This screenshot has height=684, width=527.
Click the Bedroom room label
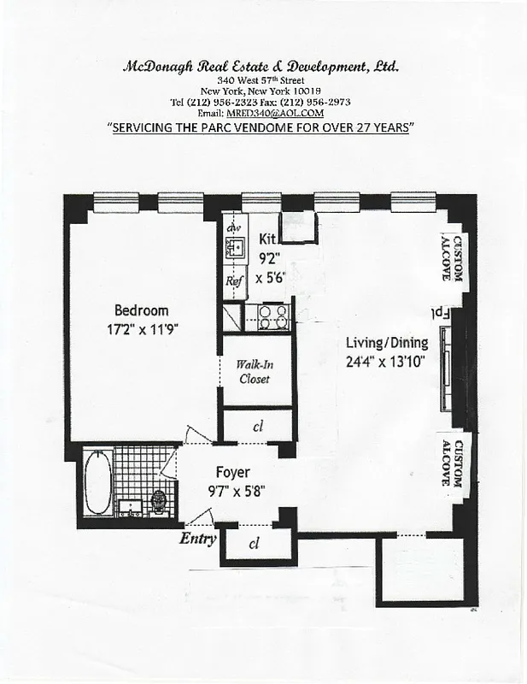pos(141,310)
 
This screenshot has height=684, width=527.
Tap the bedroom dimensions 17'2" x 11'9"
pos(141,327)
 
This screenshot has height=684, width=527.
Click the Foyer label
pos(232,472)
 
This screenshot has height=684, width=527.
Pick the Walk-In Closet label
pos(255,371)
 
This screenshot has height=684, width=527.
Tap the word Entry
pos(196,539)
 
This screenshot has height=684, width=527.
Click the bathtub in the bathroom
pos(98,483)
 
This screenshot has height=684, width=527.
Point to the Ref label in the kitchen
pos(234,280)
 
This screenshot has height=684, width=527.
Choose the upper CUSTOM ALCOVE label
pos(451,258)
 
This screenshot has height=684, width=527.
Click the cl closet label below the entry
pos(254,545)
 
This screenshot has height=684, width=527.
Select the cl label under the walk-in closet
pos(257,425)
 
